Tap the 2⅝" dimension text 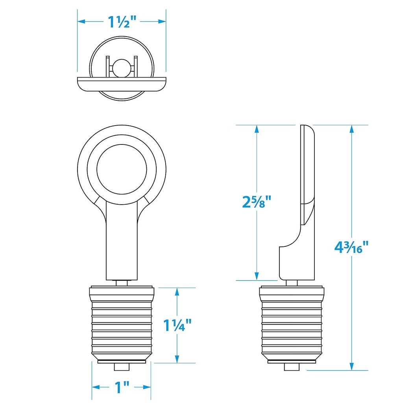click(x=257, y=201)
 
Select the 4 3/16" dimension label click(x=351, y=247)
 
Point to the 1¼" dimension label click(x=177, y=325)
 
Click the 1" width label click(x=122, y=387)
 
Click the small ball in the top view click(x=122, y=68)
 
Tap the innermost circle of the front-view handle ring click(x=122, y=169)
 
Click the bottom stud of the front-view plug click(x=122, y=367)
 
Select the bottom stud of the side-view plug click(x=292, y=367)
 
